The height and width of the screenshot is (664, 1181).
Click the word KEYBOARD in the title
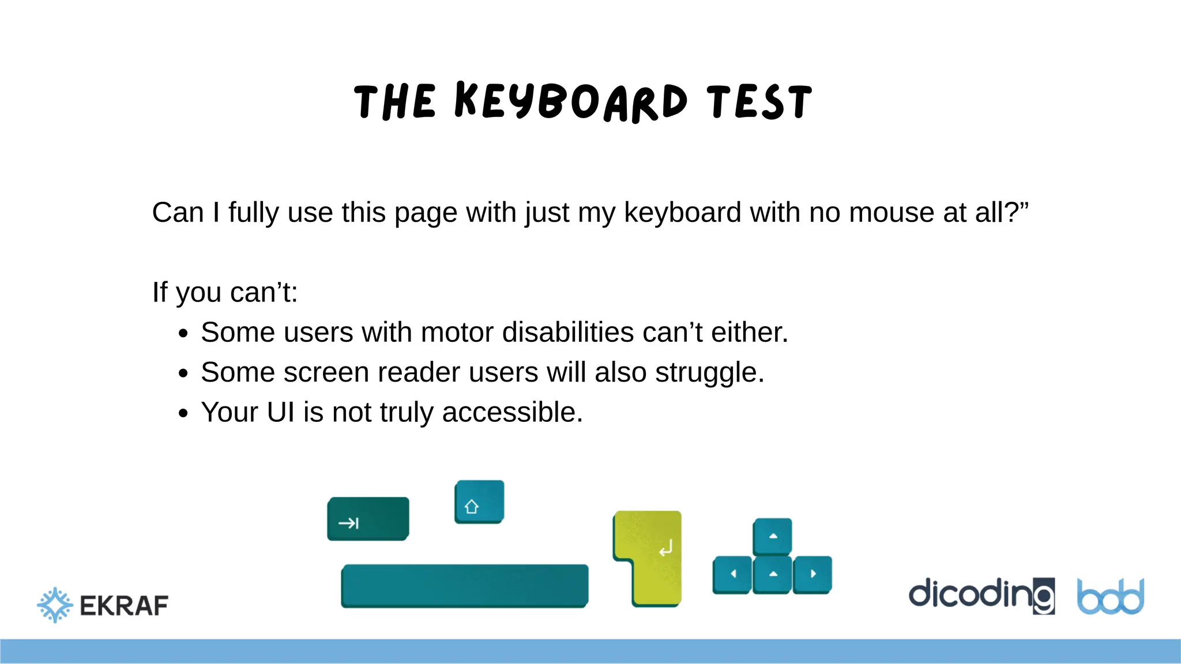[x=571, y=102]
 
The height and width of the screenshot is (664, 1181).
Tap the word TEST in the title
[x=759, y=102]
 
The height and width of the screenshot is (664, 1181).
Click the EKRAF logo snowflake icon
[x=55, y=605]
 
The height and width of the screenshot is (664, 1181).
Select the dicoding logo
[x=981, y=595]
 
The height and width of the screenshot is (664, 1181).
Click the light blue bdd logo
[x=1111, y=597]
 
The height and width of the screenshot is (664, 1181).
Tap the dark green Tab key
[x=368, y=519]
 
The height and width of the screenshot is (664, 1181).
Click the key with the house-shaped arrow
[x=479, y=501]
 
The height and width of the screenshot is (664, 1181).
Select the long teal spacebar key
[x=465, y=586]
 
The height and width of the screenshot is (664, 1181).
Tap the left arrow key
[x=732, y=574]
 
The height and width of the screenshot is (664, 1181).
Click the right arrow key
[x=813, y=574]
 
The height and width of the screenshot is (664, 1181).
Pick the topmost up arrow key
[x=773, y=536]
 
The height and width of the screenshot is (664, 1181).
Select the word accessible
[x=512, y=413]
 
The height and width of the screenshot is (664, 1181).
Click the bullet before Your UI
[x=183, y=413]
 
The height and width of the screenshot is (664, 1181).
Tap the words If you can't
[x=225, y=292]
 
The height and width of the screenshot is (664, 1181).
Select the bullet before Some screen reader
[x=183, y=373]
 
